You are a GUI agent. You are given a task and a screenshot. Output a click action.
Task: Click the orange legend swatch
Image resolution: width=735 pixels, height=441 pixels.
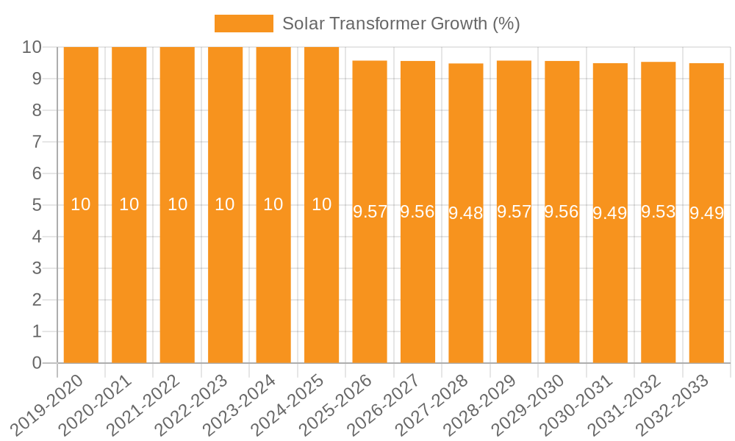243,24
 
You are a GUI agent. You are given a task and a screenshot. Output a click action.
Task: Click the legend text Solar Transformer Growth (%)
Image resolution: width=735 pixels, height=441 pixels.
401,24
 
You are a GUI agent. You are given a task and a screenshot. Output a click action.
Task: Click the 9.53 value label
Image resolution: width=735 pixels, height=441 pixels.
659,212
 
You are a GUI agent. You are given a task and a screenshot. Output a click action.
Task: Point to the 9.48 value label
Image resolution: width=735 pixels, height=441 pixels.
466,214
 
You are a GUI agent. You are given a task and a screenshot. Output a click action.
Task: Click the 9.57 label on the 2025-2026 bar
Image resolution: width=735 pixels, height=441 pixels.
370,212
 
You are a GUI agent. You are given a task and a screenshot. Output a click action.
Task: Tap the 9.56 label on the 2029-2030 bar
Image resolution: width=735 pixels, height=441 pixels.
562,212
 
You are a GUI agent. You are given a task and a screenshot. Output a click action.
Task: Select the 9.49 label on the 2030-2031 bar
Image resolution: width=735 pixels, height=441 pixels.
610,214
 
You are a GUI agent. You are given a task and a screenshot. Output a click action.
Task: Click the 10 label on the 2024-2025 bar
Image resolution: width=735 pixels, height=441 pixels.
321,205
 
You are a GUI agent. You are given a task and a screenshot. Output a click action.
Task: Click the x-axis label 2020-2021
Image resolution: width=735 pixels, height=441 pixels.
96,405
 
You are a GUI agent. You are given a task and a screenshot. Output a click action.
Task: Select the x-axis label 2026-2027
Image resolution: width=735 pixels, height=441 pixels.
384,405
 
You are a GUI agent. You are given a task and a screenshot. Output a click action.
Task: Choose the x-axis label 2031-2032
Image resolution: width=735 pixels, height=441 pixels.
625,405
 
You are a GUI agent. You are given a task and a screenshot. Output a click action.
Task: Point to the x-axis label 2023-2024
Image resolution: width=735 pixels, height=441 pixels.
240,405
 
